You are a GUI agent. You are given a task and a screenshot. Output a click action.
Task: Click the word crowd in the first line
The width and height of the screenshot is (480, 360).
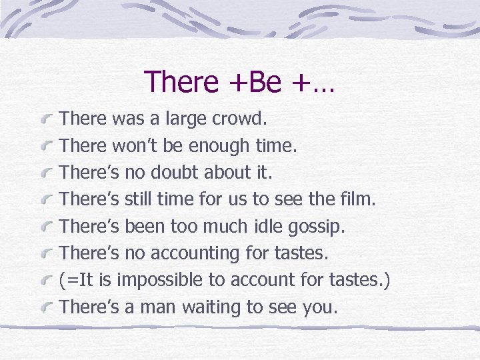coord(239,119)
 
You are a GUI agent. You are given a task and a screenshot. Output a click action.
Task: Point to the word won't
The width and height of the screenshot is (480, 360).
coord(135,146)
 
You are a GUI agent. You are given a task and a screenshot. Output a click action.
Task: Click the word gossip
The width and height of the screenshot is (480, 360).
coord(316,227)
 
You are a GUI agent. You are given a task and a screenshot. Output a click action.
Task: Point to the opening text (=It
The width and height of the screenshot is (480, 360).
coord(78,280)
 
